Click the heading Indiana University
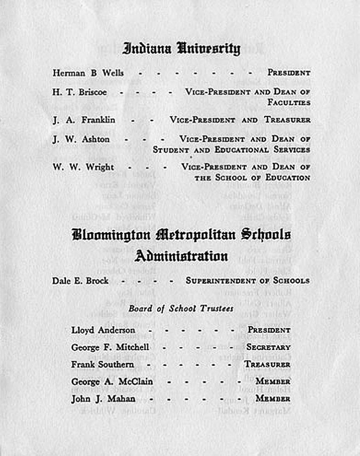pyautogui.click(x=181, y=48)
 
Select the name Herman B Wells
pyautogui.click(x=88, y=73)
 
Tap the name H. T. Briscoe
pyautogui.click(x=79, y=92)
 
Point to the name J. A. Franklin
pyautogui.click(x=84, y=120)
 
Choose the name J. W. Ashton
pyautogui.click(x=81, y=139)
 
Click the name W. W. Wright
pyautogui.click(x=83, y=167)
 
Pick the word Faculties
pyautogui.click(x=289, y=102)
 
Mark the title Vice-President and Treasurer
pyautogui.click(x=240, y=120)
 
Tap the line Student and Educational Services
pyautogui.click(x=231, y=150)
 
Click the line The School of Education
pyautogui.click(x=252, y=177)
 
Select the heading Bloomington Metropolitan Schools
pyautogui.click(x=181, y=234)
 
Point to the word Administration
pyautogui.click(x=181, y=256)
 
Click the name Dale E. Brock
pyautogui.click(x=80, y=281)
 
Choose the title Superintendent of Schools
pyautogui.click(x=248, y=281)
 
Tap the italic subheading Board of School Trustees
pyautogui.click(x=181, y=309)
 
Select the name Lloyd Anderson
pyautogui.click(x=103, y=330)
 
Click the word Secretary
pyautogui.click(x=268, y=347)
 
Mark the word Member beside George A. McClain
pyautogui.click(x=273, y=381)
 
